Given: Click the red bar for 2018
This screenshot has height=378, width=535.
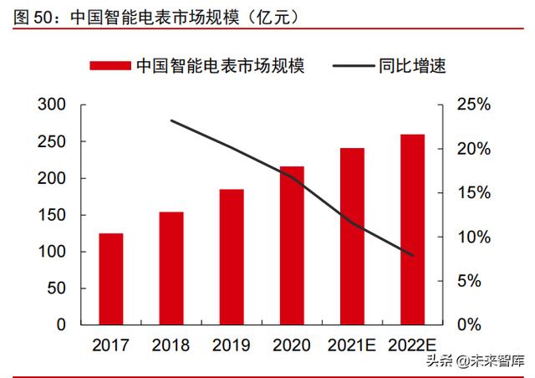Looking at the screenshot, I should click(171, 268).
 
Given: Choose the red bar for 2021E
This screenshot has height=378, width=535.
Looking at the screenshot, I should click(352, 237).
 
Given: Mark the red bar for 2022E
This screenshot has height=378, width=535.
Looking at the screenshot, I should click(412, 230).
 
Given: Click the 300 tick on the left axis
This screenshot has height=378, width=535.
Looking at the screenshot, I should click(52, 105).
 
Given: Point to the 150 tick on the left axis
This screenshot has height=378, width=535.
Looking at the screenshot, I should click(52, 215).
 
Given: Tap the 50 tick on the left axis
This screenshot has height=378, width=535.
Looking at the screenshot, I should click(56, 289).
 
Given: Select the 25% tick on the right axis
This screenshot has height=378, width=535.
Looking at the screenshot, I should click(473, 105).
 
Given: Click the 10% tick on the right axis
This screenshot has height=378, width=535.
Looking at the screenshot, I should click(473, 237).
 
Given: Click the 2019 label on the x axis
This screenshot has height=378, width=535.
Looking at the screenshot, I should click(232, 345).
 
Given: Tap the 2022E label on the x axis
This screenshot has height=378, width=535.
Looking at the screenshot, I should click(412, 345).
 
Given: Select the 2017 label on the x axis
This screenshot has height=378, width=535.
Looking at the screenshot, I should click(110, 345).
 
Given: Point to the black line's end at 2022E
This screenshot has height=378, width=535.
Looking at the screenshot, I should click(412, 255).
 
